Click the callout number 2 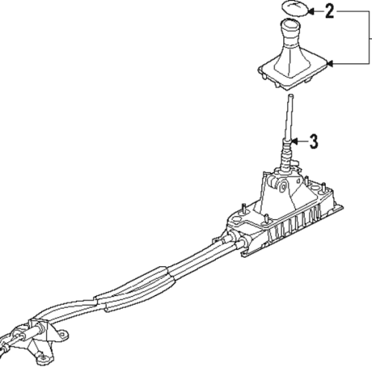coord(330,11)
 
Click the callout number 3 coord(314,142)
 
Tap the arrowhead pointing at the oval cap coord(311,11)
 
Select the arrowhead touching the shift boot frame coord(330,64)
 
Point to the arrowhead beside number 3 coord(294,142)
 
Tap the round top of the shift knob coord(291,24)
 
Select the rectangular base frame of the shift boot coord(293,73)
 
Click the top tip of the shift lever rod coord(291,95)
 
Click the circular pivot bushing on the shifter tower coord(283,187)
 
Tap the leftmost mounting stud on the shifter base coord(244,208)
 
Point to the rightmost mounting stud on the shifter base coord(324,187)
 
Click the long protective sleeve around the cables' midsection coord(136,289)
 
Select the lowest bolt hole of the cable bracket coord(44,358)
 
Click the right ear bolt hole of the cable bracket coord(62,334)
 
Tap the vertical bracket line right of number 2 coord(369,37)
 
